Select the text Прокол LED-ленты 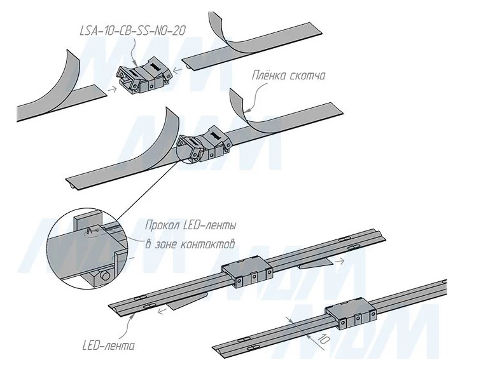pyautogui.click(x=192, y=225)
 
